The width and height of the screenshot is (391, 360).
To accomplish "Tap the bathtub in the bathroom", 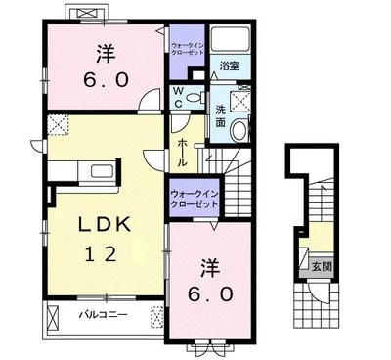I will pos(232,42).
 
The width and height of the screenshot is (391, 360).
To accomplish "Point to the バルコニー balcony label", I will pos(100,315).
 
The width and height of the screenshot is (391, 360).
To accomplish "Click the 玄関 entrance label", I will pos(320,264).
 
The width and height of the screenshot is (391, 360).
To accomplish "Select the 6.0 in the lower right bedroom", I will pos(209,292).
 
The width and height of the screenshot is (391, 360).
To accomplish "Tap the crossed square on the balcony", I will pos(155,315).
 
